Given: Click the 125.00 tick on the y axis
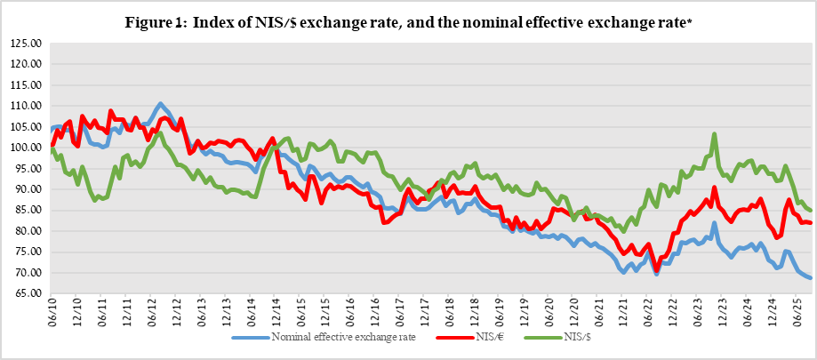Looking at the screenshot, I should pyautogui.click(x=27, y=43).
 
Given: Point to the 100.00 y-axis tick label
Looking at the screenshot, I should pyautogui.click(x=27, y=148).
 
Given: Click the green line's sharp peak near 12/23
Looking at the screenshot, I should pyautogui.click(x=715, y=135).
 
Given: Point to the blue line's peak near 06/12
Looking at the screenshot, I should pyautogui.click(x=160, y=104).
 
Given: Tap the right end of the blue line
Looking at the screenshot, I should pyautogui.click(x=810, y=278).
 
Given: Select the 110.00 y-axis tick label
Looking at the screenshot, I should pyautogui.click(x=27, y=106).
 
